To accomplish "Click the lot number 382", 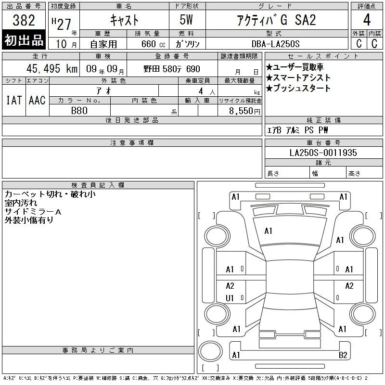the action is click(x=24, y=20).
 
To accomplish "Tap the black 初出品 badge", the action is click(x=24, y=40).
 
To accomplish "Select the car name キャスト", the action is click(x=124, y=20).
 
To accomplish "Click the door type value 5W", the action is click(x=186, y=20).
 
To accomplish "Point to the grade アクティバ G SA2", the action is click(x=276, y=20).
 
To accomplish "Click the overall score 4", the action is click(x=367, y=20).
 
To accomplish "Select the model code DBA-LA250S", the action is click(x=275, y=44).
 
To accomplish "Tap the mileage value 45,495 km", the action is click(x=52, y=69).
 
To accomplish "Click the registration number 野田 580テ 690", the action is click(x=172, y=69).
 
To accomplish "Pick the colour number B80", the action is click(x=79, y=111).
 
